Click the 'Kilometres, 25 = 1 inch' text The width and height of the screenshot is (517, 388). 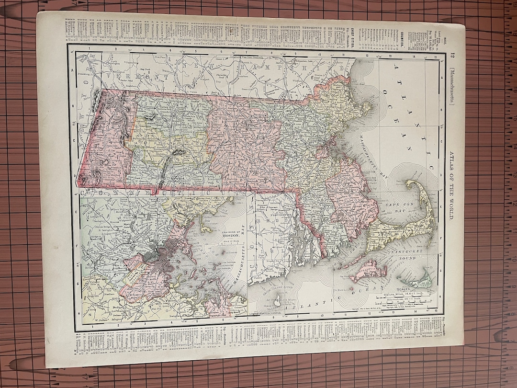click(400, 298)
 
